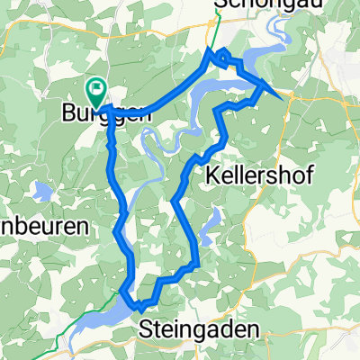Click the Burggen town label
[x=95, y=114]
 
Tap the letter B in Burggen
[x=67, y=114]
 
